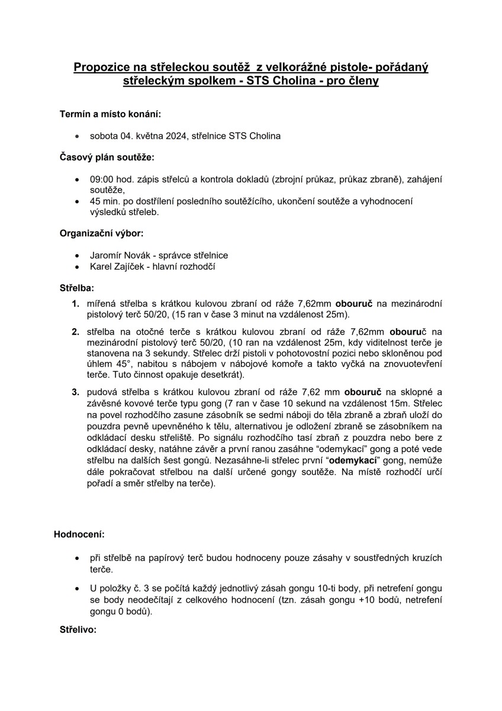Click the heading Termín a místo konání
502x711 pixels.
coord(110,113)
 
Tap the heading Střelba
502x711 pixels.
coord(76,289)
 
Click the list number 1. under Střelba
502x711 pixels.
coord(76,303)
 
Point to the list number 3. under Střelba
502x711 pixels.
coord(76,392)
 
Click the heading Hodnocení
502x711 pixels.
coord(79,534)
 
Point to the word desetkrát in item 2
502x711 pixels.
coord(222,376)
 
